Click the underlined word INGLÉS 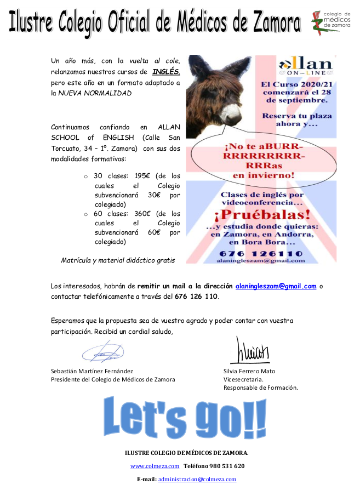[165, 72]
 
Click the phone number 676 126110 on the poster [260, 253]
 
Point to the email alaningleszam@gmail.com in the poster [260, 261]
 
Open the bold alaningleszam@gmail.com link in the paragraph [276, 286]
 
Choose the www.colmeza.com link [155, 466]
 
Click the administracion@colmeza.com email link [197, 479]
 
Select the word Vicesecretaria [243, 379]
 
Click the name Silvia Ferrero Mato [249, 371]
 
